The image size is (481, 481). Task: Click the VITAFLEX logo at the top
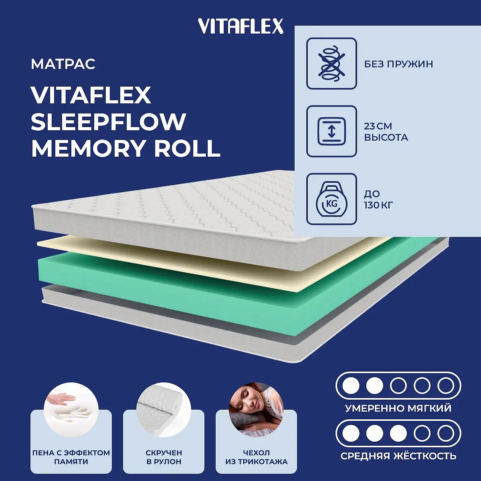pos(240,26)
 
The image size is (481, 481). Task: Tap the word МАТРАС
pos(63,64)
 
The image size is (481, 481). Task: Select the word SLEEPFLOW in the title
pos(109,122)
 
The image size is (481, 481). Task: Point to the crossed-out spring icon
pos(331,63)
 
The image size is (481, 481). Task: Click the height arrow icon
pos(331,131)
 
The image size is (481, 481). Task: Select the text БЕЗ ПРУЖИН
pos(398,64)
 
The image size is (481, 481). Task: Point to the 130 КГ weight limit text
pos(378,206)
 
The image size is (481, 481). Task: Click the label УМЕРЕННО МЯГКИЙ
pos(398,408)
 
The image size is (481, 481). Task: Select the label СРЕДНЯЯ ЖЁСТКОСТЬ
pos(398,456)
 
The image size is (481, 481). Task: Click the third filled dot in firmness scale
pos(398,434)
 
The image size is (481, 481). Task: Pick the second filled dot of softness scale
pos(375,386)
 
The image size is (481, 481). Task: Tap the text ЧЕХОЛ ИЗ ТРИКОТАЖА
pos(257,457)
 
